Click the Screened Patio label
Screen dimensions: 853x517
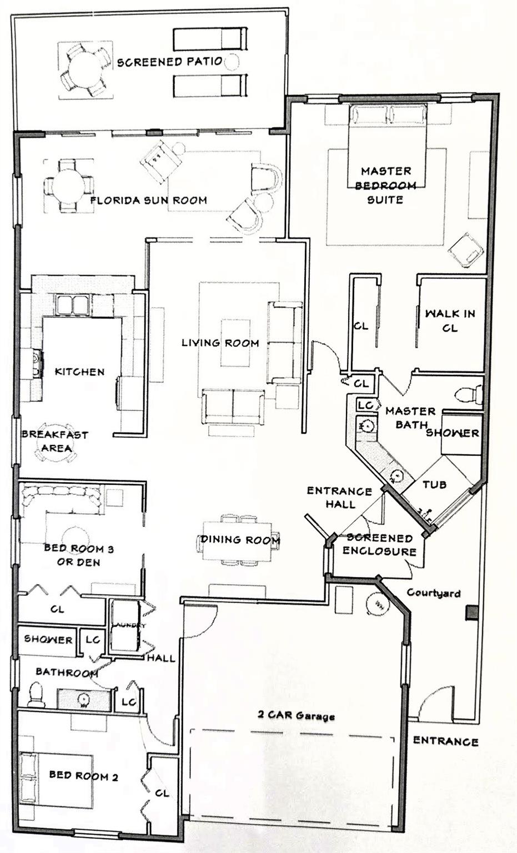tap(169, 62)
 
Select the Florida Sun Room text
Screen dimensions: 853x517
tap(149, 200)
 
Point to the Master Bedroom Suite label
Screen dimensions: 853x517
tap(385, 185)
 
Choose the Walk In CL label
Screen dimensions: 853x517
tap(450, 320)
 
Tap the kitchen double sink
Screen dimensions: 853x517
tap(72, 304)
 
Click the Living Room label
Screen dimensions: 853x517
tap(220, 343)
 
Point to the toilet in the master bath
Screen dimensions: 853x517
tap(469, 395)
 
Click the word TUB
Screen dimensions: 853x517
tap(434, 484)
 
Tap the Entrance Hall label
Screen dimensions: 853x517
tap(339, 497)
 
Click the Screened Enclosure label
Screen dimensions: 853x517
tap(379, 544)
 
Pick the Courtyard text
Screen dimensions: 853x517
tap(433, 593)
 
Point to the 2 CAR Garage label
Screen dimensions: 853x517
tap(296, 715)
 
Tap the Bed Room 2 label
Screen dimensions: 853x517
tap(83, 775)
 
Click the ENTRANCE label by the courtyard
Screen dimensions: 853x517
tap(445, 741)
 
